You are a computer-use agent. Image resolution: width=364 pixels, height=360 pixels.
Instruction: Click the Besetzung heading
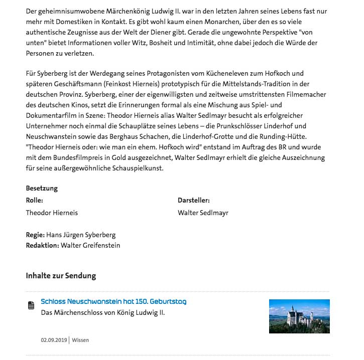42,189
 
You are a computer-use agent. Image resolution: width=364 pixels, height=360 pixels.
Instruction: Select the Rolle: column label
35,200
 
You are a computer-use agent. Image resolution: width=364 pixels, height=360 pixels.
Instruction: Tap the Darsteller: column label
193,200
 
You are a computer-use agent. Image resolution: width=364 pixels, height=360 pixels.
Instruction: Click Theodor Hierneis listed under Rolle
52,213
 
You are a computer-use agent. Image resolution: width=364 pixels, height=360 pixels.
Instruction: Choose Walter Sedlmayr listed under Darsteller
203,213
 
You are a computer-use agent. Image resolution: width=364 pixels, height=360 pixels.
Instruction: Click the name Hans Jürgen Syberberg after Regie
81,235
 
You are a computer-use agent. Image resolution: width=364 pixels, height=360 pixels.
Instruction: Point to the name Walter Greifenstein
90,245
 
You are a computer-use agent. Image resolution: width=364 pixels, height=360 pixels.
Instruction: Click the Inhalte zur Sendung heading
61,276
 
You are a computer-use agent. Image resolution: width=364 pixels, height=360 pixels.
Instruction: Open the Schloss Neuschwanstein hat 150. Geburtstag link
113,302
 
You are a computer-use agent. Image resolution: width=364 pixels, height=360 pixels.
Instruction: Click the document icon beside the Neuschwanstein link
31,305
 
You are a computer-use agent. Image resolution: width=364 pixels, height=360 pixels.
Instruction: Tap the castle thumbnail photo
299,316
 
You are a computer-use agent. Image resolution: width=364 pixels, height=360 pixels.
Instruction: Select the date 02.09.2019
54,340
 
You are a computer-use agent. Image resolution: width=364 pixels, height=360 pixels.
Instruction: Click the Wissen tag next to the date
80,340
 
